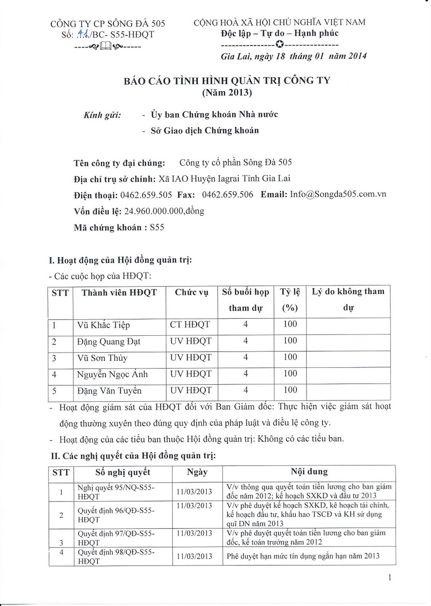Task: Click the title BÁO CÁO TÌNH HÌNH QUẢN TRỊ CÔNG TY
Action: pyautogui.click(x=227, y=80)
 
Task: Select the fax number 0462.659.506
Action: pyautogui.click(x=228, y=195)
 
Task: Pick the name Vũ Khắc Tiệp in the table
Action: pyautogui.click(x=104, y=325)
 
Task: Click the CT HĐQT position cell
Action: pyautogui.click(x=189, y=325)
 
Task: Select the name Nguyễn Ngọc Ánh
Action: pyautogui.click(x=112, y=374)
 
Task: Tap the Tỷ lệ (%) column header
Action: pyautogui.click(x=290, y=299)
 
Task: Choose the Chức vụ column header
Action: pyautogui.click(x=192, y=292)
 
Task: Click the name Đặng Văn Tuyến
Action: pyautogui.click(x=109, y=391)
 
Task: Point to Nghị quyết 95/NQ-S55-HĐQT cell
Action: pyautogui.click(x=116, y=491)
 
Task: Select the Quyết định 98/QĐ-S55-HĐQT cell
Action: pyautogui.click(x=116, y=556)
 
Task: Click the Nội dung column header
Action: pyautogui.click(x=309, y=472)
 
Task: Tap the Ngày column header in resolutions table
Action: pyautogui.click(x=197, y=472)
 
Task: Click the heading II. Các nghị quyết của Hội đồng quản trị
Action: pyautogui.click(x=133, y=456)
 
